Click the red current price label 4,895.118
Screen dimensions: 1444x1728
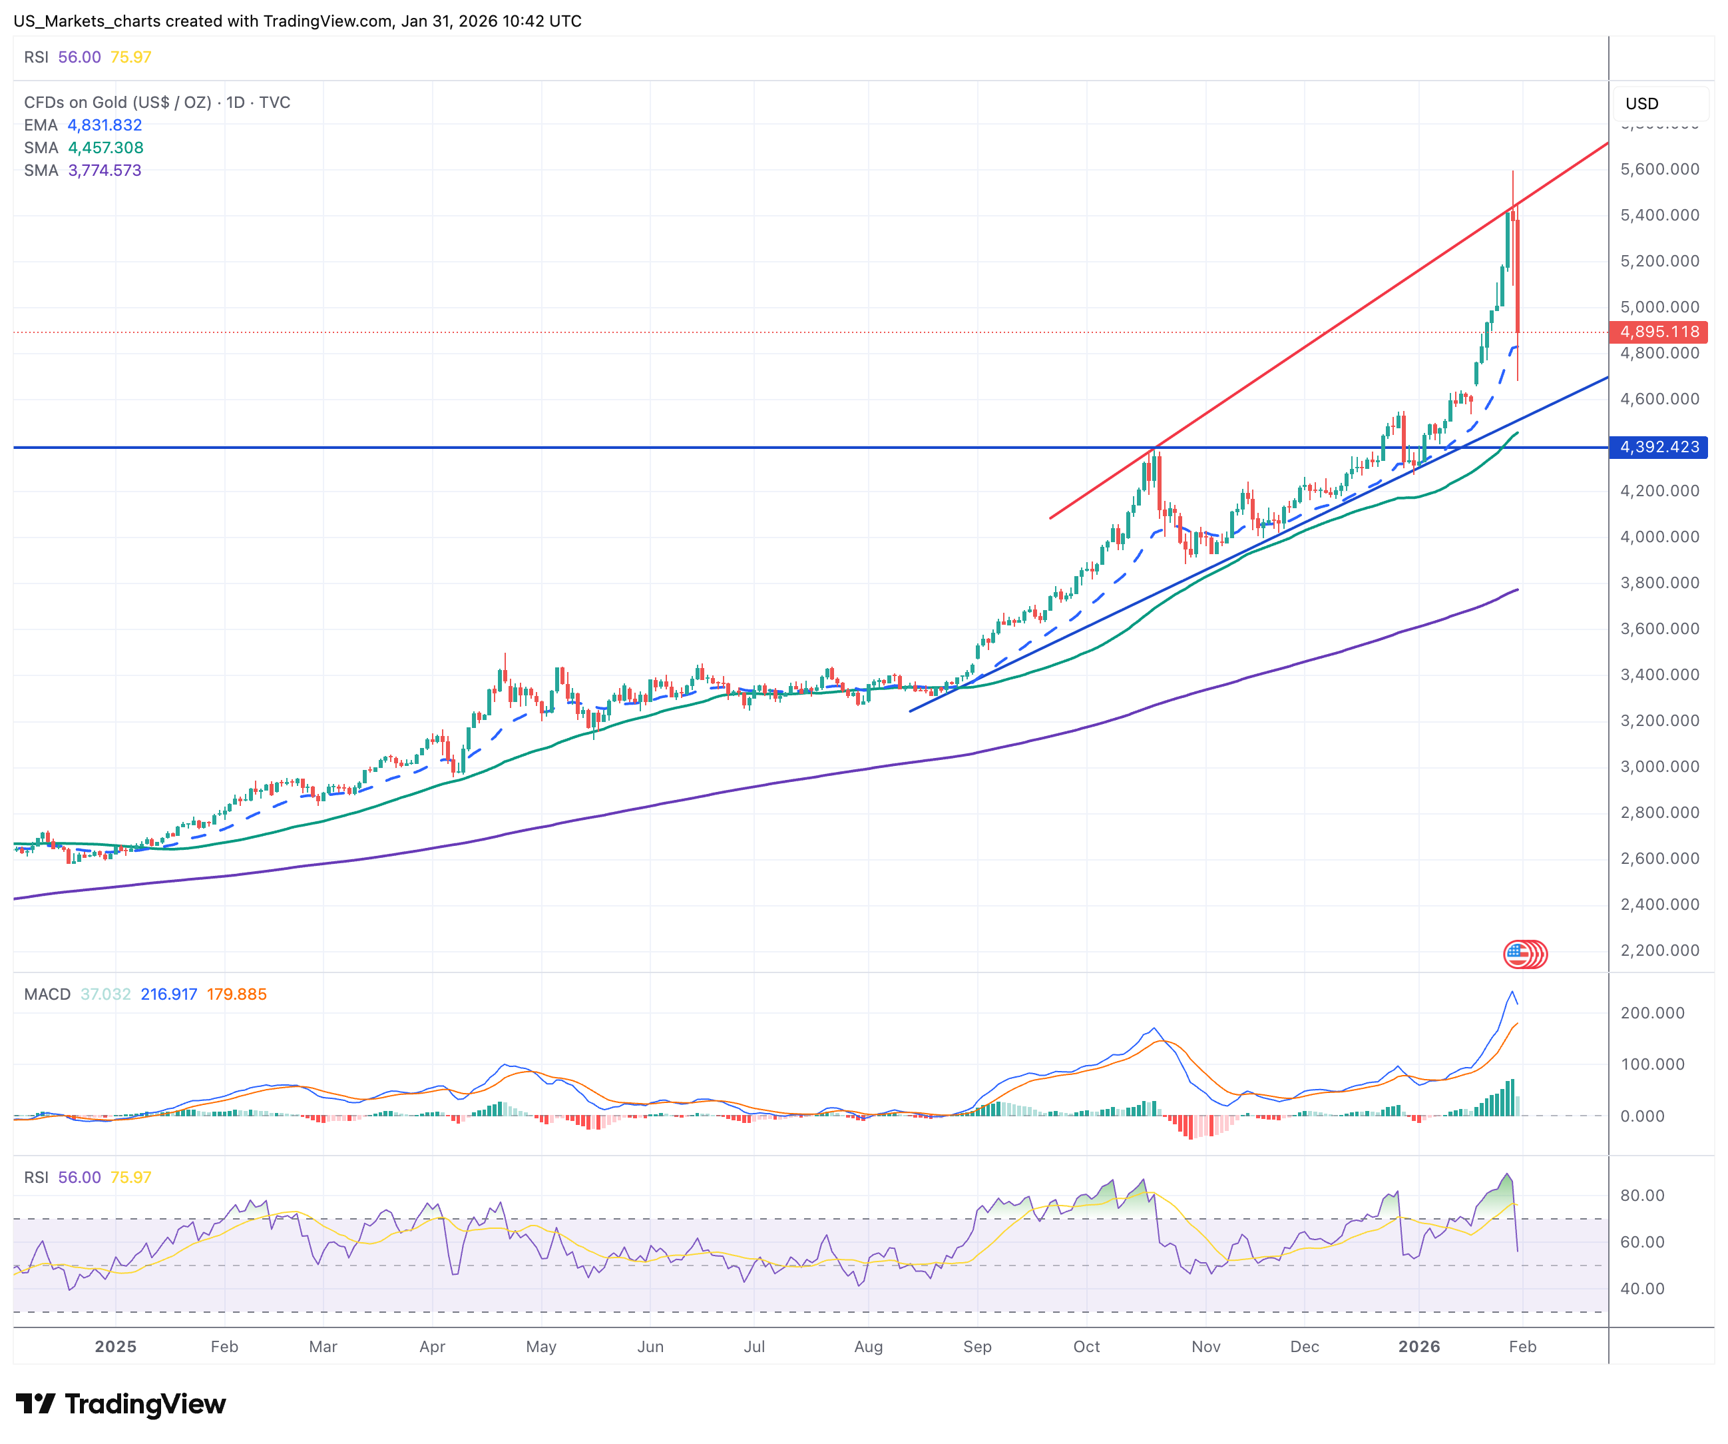pos(1658,332)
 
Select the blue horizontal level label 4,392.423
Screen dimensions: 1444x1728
pos(1658,447)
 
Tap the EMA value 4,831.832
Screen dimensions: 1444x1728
pos(105,125)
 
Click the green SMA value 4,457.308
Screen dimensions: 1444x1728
pos(105,147)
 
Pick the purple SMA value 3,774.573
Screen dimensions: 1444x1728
pos(105,171)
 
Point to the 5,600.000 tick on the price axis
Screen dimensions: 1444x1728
pos(1659,169)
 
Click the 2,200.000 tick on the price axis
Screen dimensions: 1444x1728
pos(1659,950)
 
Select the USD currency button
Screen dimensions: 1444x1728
pos(1641,104)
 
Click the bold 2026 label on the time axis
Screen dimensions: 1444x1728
pos(1418,1347)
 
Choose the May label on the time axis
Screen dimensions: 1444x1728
pos(540,1347)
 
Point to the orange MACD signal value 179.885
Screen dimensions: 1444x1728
pos(236,994)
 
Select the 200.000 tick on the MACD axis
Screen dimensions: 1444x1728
pos(1651,1012)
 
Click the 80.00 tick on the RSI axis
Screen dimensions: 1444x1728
pos(1641,1196)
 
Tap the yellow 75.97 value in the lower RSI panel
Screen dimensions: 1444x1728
pos(131,1178)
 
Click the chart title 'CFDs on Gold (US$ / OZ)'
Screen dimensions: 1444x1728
pos(118,102)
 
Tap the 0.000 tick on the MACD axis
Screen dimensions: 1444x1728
pos(1641,1116)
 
